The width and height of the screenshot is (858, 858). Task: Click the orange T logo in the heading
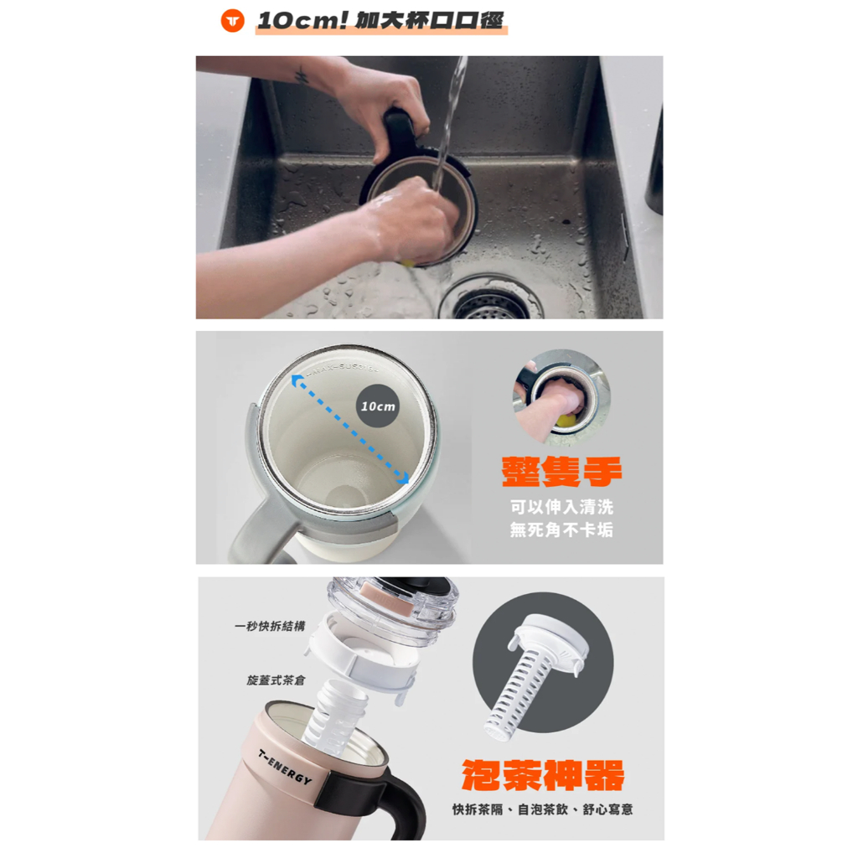(x=232, y=21)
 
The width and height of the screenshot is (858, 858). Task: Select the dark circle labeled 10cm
(x=378, y=406)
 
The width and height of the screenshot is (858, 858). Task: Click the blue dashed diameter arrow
(x=349, y=428)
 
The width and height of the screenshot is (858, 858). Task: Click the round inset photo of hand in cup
(x=561, y=396)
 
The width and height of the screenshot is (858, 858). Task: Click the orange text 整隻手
(x=561, y=471)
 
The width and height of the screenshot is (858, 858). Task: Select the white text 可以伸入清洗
(x=561, y=507)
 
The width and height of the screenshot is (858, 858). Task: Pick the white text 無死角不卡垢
(x=561, y=530)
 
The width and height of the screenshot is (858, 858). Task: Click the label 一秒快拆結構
(x=270, y=626)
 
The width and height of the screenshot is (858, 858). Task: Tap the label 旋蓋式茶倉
(x=275, y=680)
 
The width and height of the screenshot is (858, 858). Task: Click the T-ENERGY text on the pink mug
(x=285, y=767)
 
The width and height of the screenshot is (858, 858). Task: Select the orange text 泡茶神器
(x=543, y=776)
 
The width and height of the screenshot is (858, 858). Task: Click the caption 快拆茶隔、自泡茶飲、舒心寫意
(x=543, y=810)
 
